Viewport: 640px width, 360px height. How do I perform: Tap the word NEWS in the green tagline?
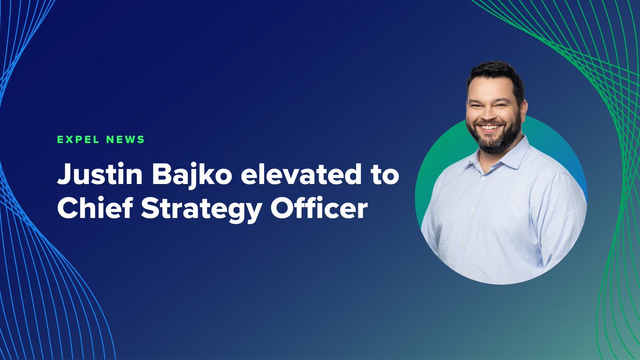pyautogui.click(x=125, y=140)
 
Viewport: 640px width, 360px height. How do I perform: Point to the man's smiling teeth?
pyautogui.click(x=491, y=128)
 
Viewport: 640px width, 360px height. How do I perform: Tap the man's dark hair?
pyautogui.click(x=493, y=75)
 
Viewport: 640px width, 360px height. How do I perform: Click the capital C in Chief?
pyautogui.click(x=67, y=210)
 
